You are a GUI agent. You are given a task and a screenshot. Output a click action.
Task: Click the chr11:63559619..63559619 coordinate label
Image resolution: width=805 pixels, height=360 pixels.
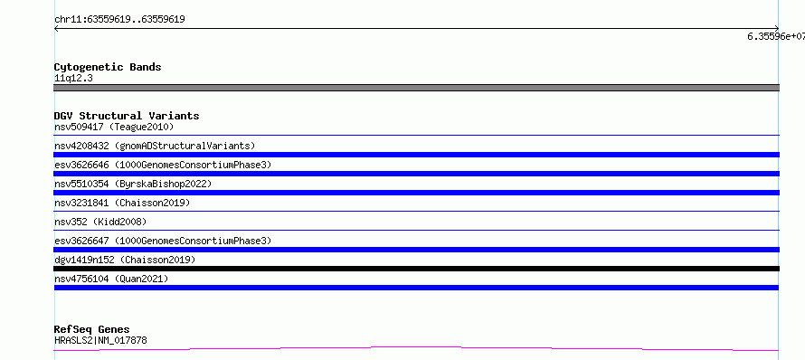pyautogui.click(x=119, y=20)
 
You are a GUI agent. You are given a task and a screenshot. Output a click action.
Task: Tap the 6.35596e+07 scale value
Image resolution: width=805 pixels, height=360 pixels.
pyautogui.click(x=776, y=36)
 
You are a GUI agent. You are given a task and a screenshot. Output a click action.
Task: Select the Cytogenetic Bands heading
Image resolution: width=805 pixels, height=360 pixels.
pyautogui.click(x=108, y=67)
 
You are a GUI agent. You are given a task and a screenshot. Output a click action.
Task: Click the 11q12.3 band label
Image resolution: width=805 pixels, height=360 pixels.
pyautogui.click(x=73, y=79)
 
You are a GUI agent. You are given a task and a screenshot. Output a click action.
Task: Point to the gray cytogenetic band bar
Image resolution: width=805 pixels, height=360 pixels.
pyautogui.click(x=416, y=88)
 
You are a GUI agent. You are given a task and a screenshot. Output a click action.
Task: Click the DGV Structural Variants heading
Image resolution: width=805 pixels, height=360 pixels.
pyautogui.click(x=127, y=116)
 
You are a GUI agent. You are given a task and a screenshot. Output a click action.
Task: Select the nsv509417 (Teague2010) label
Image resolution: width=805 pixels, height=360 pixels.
pyautogui.click(x=114, y=127)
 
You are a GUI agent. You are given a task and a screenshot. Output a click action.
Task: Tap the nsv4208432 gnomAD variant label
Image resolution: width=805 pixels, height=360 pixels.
pyautogui.click(x=155, y=146)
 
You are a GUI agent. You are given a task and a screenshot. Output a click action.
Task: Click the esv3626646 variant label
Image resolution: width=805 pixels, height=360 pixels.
pyautogui.click(x=163, y=165)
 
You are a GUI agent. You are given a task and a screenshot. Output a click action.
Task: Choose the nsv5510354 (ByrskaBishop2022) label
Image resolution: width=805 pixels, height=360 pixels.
pyautogui.click(x=133, y=184)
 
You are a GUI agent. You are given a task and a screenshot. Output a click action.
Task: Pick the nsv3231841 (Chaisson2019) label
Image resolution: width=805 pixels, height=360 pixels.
pyautogui.click(x=122, y=203)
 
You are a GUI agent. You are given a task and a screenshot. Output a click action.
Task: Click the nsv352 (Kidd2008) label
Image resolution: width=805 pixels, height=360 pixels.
pyautogui.click(x=100, y=222)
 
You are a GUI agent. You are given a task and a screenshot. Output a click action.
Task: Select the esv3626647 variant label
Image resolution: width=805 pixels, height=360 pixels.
pyautogui.click(x=163, y=241)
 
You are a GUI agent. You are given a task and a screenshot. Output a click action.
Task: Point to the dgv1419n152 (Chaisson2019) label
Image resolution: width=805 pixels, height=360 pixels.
pyautogui.click(x=125, y=260)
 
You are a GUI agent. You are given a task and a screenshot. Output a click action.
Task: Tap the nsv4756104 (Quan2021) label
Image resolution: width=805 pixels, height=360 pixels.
pyautogui.click(x=111, y=279)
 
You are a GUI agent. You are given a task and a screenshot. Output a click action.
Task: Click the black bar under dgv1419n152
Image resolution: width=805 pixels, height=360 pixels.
pyautogui.click(x=416, y=269)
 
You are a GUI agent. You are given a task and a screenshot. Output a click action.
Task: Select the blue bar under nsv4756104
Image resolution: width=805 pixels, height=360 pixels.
pyautogui.click(x=416, y=288)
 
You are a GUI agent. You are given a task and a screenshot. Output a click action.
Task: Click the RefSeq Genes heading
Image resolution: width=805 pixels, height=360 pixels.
pyautogui.click(x=92, y=329)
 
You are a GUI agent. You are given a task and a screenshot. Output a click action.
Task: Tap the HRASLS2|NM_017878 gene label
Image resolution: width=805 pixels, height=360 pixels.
pyautogui.click(x=100, y=340)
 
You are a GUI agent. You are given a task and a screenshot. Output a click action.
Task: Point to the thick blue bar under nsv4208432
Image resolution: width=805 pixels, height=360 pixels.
pyautogui.click(x=416, y=155)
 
